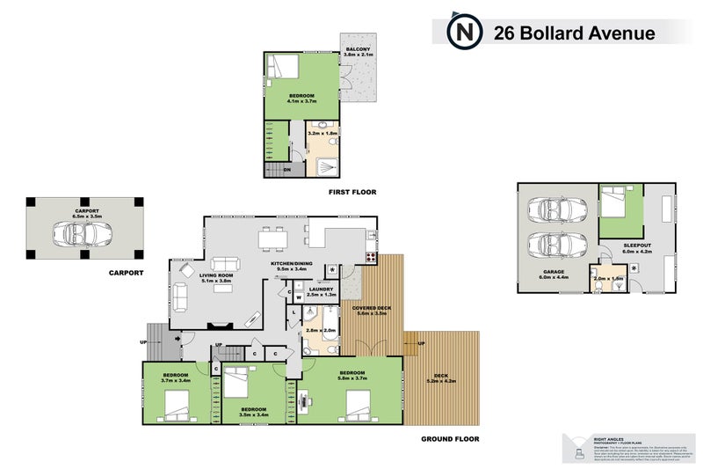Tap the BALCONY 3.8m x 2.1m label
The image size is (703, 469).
358,51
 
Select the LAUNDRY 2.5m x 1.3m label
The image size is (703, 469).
320,290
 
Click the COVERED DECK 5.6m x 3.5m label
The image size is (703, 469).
370,310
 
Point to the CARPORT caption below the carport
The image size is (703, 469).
126,273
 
